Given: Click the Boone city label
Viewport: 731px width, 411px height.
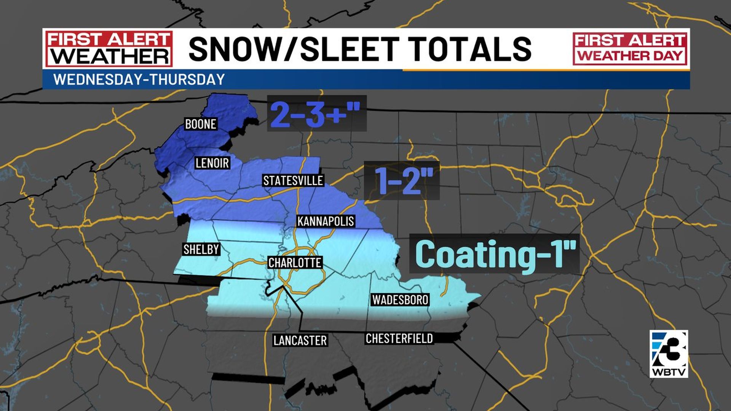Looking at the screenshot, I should click(x=201, y=124).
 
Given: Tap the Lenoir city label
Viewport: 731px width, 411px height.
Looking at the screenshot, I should click(x=212, y=163).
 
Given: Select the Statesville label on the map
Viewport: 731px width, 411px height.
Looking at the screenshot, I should click(x=293, y=180).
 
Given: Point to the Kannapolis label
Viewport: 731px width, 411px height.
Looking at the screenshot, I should click(x=326, y=221).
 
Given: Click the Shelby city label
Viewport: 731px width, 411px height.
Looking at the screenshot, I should click(x=201, y=249).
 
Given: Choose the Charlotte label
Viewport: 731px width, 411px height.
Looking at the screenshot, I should click(x=295, y=263).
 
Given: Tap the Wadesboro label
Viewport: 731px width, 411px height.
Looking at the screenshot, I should click(x=400, y=299).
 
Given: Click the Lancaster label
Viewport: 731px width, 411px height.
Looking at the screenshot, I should click(x=300, y=340).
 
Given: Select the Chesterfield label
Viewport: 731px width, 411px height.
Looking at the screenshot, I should click(x=399, y=338).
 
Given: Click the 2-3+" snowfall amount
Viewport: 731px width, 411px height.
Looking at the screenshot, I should click(x=316, y=114).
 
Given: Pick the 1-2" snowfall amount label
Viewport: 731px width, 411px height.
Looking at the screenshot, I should click(x=403, y=180).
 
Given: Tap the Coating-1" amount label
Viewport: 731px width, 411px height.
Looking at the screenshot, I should click(x=494, y=254).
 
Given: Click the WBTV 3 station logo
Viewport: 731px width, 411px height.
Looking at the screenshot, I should click(x=669, y=354).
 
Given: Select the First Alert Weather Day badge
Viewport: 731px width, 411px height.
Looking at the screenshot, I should click(x=630, y=48).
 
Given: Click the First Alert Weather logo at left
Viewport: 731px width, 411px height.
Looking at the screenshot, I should click(x=109, y=48).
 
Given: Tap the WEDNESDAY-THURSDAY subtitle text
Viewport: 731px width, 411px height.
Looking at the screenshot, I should click(x=139, y=80).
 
